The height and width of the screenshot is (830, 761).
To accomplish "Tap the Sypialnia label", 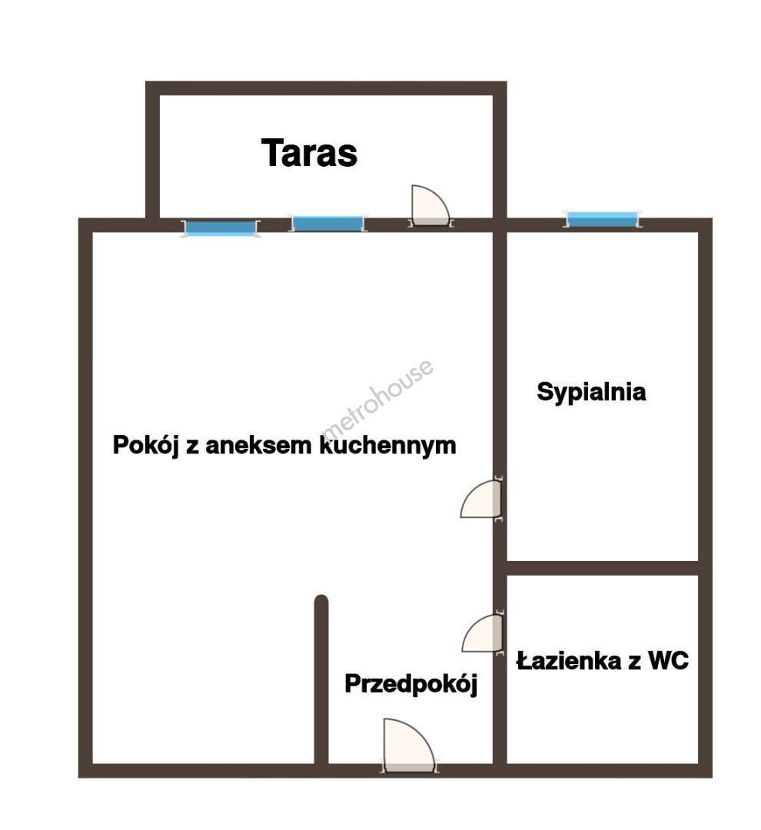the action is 591,392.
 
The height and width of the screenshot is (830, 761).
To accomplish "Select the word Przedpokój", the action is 411,683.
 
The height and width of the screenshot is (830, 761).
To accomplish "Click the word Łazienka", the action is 569,661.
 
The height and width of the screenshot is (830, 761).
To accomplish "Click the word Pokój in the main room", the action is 145,445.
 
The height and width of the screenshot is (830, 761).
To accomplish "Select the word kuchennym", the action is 387,445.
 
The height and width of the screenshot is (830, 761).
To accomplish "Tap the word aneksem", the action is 258,445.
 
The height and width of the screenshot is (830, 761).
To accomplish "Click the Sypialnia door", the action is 481,500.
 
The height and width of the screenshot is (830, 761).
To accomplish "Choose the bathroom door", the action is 482,633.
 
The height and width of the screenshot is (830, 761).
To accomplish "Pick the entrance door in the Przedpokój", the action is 409,745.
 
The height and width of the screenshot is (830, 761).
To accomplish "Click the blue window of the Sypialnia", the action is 602,219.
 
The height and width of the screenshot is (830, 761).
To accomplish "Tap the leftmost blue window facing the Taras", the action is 221,228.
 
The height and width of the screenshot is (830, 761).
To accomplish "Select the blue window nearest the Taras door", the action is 327,224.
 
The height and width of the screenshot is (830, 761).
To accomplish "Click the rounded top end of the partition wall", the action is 321,600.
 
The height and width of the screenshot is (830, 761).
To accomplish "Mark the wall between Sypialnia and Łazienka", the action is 603,568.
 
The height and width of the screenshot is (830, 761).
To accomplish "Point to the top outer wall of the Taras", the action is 326,88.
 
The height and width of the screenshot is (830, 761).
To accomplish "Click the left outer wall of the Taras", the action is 152,150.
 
